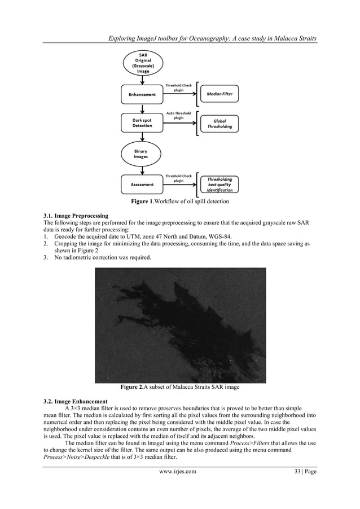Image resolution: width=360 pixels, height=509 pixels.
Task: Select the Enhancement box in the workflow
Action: (x=141, y=95)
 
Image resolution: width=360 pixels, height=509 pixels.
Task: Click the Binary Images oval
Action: (x=141, y=153)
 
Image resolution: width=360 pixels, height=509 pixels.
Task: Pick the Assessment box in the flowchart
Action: (x=141, y=184)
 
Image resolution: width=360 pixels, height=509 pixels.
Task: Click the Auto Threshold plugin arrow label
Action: (x=178, y=116)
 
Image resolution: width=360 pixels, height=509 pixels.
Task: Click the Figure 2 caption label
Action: (x=180, y=387)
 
